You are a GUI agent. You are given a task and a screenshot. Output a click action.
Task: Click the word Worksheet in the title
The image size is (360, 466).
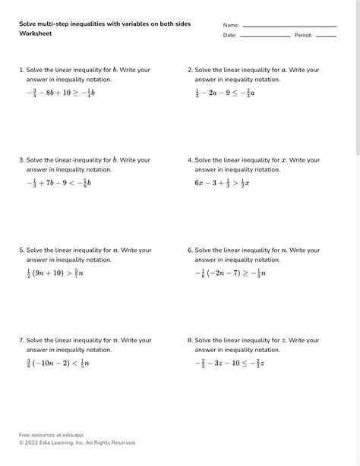(x=34, y=34)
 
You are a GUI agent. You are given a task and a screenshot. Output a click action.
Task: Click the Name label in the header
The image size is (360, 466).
(x=231, y=25)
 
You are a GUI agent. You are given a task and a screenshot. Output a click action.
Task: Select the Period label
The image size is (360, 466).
(x=303, y=36)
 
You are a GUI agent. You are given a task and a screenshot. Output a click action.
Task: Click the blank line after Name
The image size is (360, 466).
(x=289, y=27)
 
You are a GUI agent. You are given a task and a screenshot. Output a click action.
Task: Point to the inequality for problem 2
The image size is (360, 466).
(x=225, y=93)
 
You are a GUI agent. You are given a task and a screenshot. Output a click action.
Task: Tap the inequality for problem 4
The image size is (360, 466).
(x=223, y=183)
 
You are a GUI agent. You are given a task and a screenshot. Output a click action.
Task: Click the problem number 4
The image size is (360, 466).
(x=190, y=160)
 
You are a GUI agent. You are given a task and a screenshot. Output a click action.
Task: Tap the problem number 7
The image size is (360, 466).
(x=21, y=340)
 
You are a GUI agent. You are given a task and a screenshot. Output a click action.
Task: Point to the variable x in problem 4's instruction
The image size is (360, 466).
(x=284, y=160)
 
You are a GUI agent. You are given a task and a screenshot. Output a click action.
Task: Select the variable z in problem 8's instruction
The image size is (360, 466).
(x=284, y=340)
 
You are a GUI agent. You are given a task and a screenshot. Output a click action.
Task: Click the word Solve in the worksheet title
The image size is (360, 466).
(x=28, y=24)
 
